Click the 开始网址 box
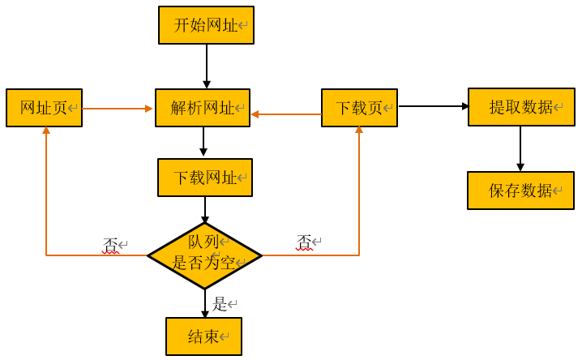206,25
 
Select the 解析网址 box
203,108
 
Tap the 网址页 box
44,108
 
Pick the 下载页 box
359,108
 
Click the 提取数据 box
520,107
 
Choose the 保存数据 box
520,191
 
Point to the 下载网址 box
205,178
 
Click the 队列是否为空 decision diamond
204,255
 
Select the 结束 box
203,336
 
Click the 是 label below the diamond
220,304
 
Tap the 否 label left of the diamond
110,244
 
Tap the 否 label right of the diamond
304,242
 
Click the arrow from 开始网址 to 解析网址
207,66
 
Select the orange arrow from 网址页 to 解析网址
118,109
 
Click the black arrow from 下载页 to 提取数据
433,106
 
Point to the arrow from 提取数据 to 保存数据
520,148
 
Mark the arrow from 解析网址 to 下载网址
203,142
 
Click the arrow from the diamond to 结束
205,303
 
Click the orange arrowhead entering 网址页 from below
46,131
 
